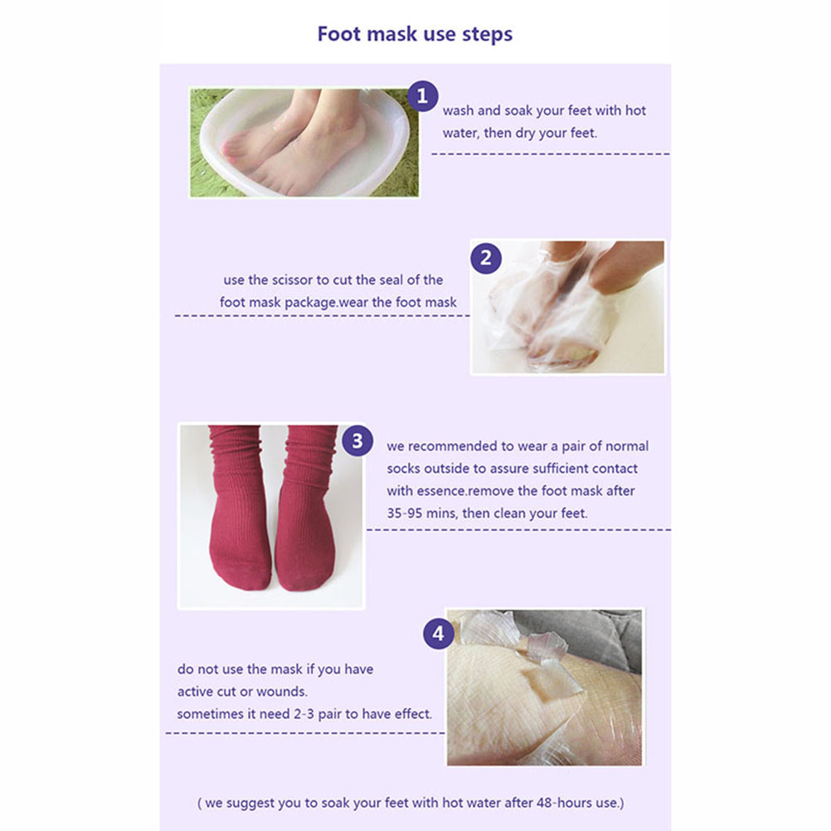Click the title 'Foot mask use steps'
pos(415,34)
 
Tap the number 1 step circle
pos(422,96)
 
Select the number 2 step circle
pos(486,258)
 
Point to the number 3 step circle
pos(357,440)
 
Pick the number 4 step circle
pos(438,634)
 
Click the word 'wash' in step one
pos(458,111)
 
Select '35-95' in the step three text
pos(401,513)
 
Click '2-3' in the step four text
pos(304,714)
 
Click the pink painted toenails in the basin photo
pos(232,149)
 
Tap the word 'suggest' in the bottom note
pos(250,804)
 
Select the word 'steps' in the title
pos(487,35)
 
